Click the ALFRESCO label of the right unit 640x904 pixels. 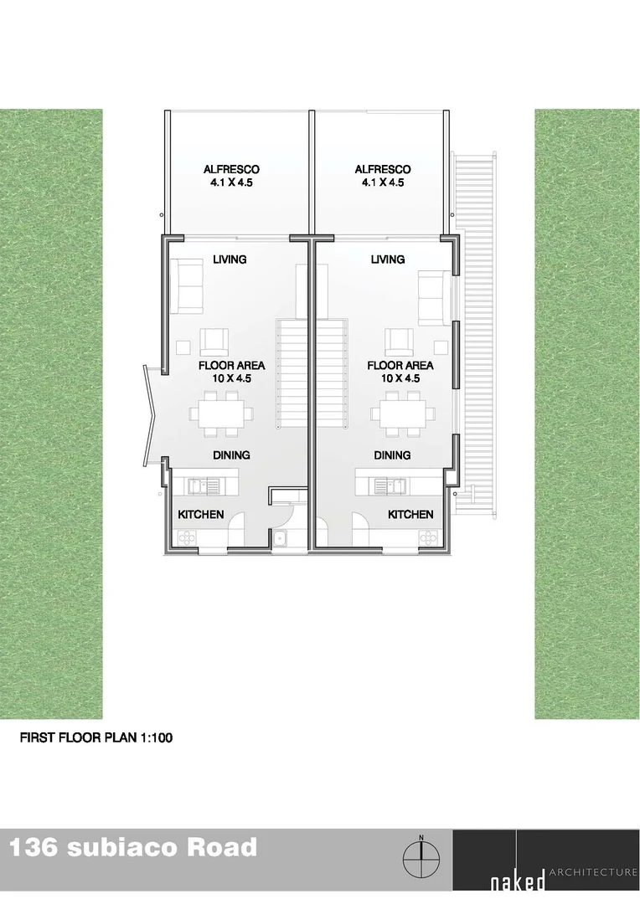click(383, 170)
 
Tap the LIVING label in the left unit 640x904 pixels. click(229, 259)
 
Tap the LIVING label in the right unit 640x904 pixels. click(388, 259)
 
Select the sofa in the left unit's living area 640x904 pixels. click(187, 285)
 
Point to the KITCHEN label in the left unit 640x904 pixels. click(201, 514)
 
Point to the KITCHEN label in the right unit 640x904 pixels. click(410, 514)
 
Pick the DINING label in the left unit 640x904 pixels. click(231, 455)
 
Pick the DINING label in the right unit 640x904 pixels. click(392, 455)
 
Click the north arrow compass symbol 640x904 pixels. click(422, 857)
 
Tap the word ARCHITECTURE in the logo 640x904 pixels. click(593, 872)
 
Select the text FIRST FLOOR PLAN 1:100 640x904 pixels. click(95, 739)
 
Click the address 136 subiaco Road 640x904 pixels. click(133, 847)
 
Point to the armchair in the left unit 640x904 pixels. click(215, 341)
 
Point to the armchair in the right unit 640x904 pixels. click(399, 341)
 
